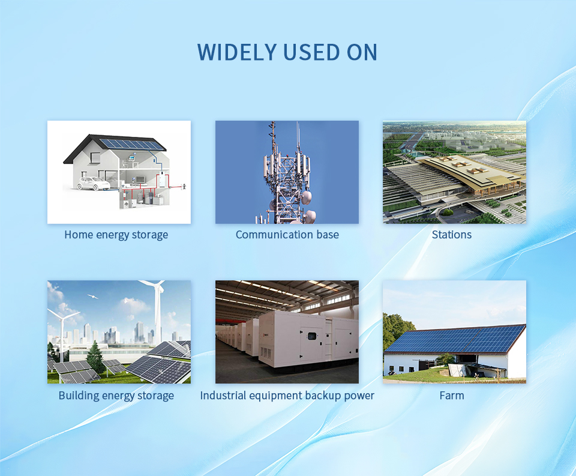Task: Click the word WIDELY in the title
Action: (237, 52)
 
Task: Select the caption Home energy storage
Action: (116, 235)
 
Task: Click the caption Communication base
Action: (287, 235)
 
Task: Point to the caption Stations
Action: (451, 235)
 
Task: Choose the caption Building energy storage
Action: (116, 396)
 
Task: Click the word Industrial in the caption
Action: (223, 396)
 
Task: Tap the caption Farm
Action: (452, 396)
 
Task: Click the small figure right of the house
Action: (184, 186)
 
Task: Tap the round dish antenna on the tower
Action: (306, 197)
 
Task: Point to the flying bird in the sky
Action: (92, 297)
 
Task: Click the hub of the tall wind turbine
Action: (158, 288)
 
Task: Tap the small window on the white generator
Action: (312, 336)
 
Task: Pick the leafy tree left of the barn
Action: (396, 333)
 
